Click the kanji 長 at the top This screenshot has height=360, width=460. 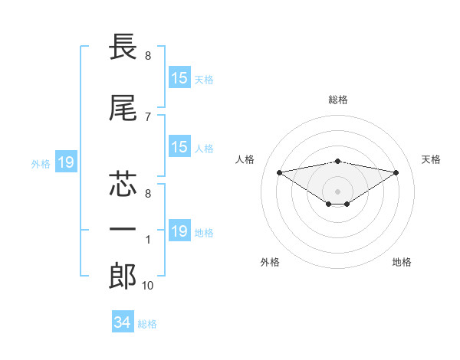pos(123,47)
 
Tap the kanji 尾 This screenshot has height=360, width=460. pos(123,108)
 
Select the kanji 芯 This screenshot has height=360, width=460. pos(123,184)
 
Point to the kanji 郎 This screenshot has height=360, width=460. pos(123,276)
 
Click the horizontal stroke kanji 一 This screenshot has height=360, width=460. pos(123,229)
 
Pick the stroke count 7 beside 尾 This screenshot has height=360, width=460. pos(148,117)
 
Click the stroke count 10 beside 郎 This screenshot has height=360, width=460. pos(147,286)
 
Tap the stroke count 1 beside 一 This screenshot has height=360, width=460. pos(148,240)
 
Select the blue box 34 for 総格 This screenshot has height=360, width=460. pos(123,321)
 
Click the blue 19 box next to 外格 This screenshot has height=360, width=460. pos(66,162)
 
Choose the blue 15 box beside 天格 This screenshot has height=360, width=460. pos(180,77)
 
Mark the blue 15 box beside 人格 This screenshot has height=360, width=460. pos(180,146)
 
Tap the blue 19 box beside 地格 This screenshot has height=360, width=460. pos(180,230)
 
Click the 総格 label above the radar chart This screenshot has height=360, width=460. pos(338,100)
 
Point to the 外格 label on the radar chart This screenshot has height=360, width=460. pos(270,262)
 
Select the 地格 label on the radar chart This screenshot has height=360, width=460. pos(402,262)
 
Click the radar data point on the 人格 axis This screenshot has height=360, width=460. pos(280,172)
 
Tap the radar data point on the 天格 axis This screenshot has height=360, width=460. pos(396,172)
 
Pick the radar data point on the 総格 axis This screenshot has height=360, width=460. pos(337,162)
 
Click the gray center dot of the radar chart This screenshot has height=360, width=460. pos(337,191)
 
